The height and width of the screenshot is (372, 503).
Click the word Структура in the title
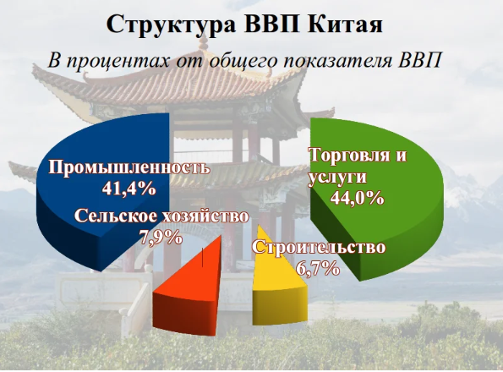pos(172,25)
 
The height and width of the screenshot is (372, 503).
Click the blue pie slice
pos(102,193)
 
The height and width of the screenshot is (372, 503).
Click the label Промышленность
pos(129,168)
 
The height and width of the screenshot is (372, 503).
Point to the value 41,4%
pos(129,189)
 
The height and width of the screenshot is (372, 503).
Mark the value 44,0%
pos(357,198)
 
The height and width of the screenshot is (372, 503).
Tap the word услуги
pos(337,177)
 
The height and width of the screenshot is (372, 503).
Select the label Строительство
pos(319,248)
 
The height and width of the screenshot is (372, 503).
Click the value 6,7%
pos(318,268)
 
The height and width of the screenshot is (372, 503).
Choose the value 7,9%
pos(161,238)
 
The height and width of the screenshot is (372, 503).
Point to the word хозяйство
pos(204,216)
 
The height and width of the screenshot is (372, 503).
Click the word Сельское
pos(116,216)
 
